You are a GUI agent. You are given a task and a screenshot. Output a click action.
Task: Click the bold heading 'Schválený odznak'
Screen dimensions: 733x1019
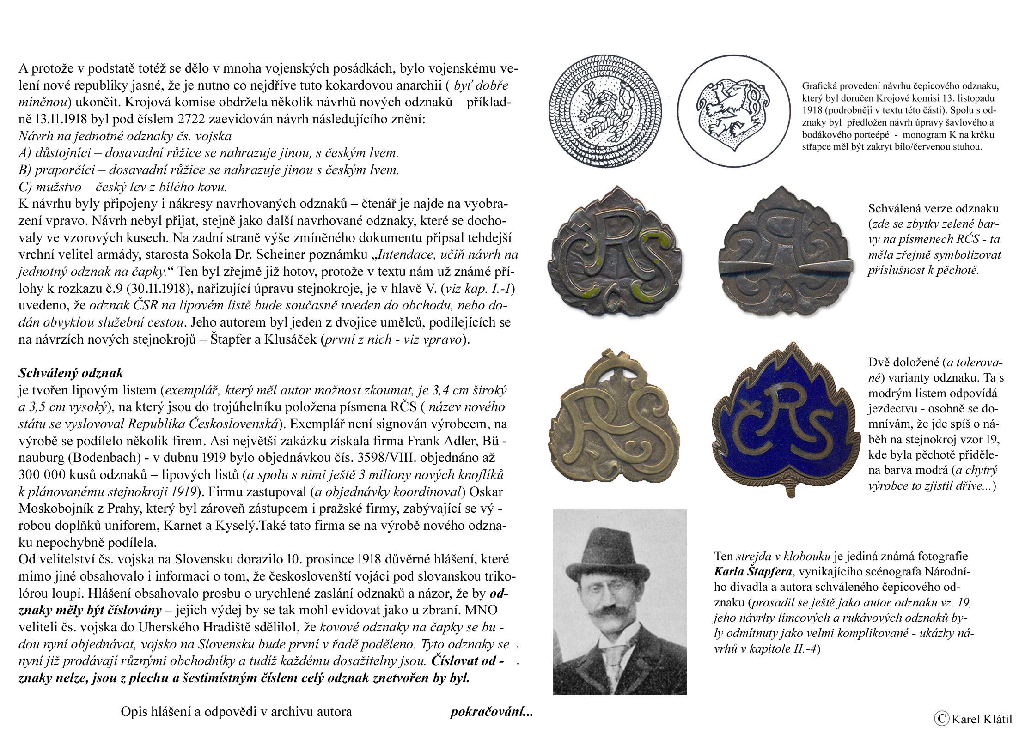[x=71, y=373]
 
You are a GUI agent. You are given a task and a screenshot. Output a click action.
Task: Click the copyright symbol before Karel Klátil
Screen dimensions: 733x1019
[x=941, y=718]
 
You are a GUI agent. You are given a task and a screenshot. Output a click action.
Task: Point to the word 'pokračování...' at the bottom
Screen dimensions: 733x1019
[x=491, y=712]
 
